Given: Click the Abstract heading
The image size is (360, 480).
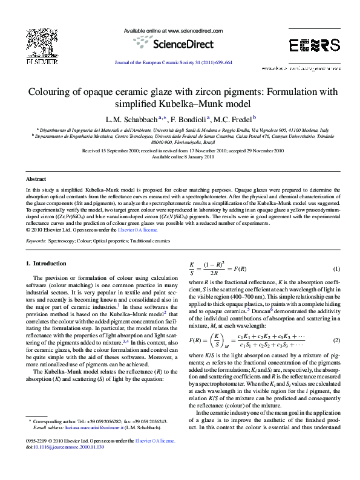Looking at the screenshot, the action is click(x=36, y=180).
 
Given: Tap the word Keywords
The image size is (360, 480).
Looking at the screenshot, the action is click(x=36, y=241).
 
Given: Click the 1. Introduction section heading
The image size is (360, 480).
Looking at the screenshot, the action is click(x=46, y=264).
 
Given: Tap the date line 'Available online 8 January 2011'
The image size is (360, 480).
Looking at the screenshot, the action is click(x=180, y=156).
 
